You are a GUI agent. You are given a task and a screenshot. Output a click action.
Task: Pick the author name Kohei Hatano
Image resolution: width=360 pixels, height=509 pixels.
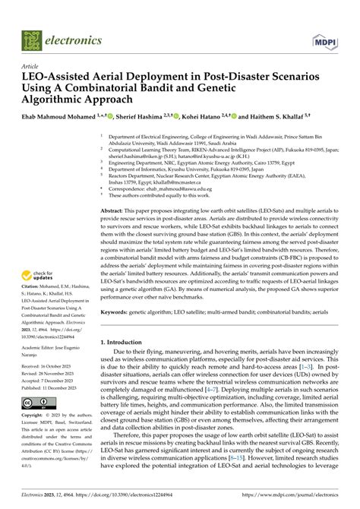[201, 118]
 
